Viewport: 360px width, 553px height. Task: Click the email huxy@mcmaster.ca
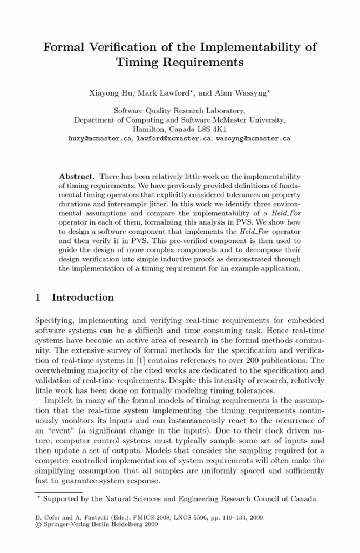point(100,138)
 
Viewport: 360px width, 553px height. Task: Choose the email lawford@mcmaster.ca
point(174,138)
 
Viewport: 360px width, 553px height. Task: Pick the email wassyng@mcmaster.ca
point(253,138)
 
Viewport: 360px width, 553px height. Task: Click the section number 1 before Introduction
point(37,298)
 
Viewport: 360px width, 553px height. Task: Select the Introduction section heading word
point(83,298)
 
